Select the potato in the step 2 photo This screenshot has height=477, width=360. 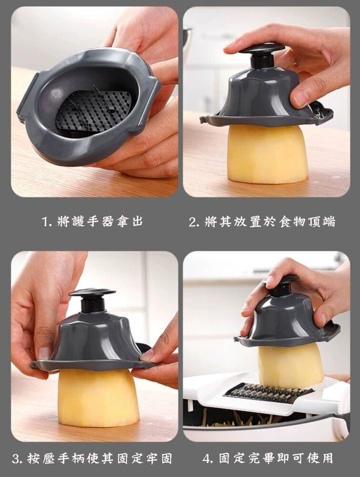(267, 154)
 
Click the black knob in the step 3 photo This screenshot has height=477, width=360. (92, 300)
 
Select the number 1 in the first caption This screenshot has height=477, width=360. (46, 221)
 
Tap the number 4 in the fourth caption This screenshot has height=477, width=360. (207, 458)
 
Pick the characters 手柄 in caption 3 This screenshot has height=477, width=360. (71, 458)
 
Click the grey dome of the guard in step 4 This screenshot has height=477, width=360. (288, 320)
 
